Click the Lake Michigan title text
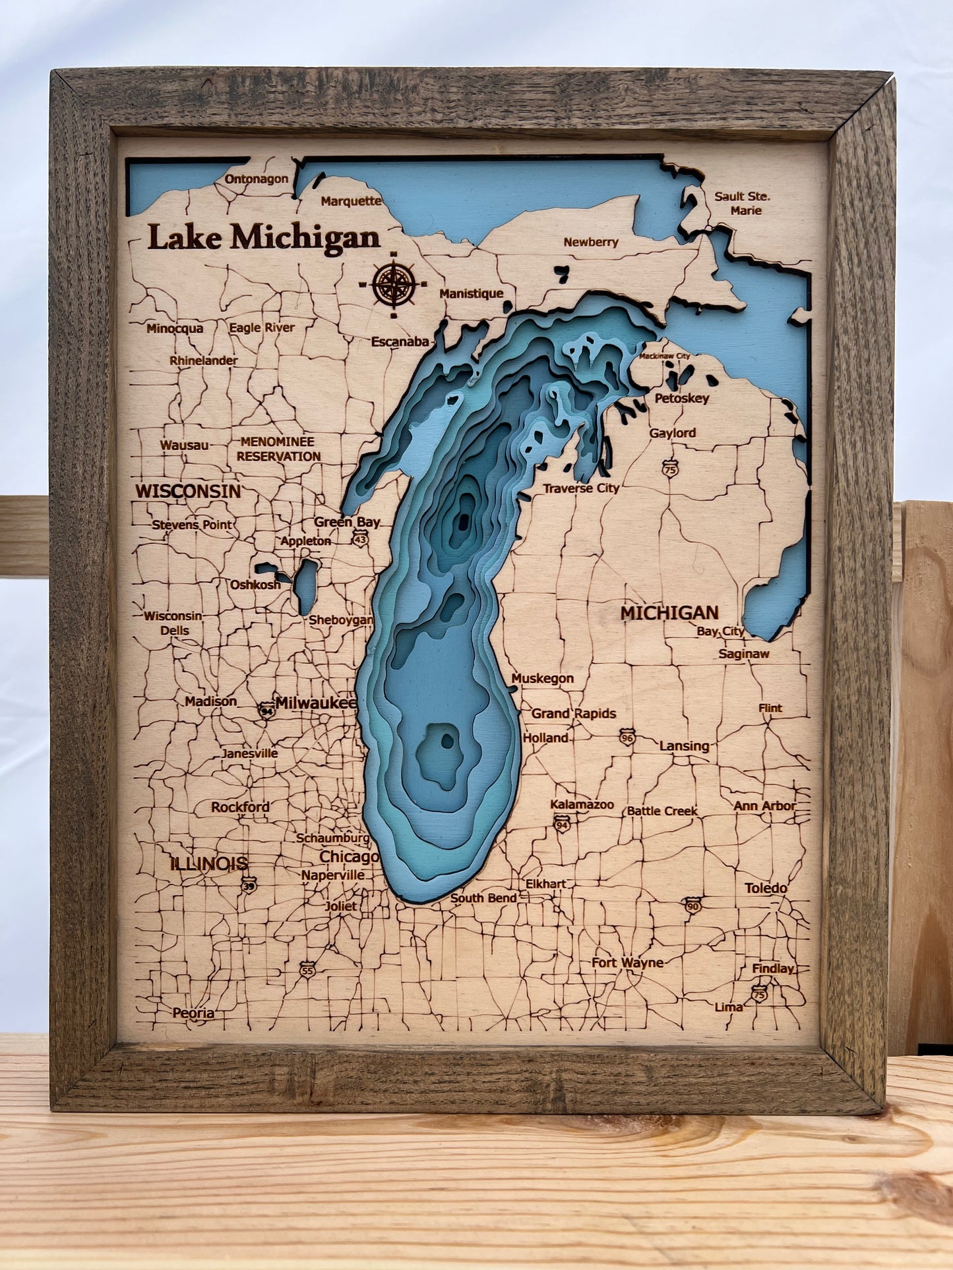click(263, 237)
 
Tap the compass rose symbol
click(394, 284)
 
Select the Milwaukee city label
click(316, 703)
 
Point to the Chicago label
click(349, 857)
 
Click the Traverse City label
click(581, 488)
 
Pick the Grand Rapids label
click(574, 713)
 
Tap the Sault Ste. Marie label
click(743, 204)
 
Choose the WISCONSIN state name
click(189, 491)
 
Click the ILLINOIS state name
click(209, 863)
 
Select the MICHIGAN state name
click(669, 613)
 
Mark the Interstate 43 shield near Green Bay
click(360, 540)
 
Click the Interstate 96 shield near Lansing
click(627, 737)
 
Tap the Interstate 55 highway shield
click(307, 970)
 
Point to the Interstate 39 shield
click(249, 884)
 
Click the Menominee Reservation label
click(278, 449)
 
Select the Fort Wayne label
click(627, 963)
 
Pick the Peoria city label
click(193, 1013)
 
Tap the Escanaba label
click(400, 342)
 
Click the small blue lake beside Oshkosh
click(305, 586)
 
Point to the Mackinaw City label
click(664, 357)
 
